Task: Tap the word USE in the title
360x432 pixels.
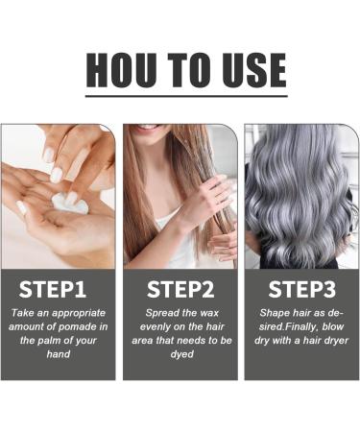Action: pyautogui.click(x=248, y=69)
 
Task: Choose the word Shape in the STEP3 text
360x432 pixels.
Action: pyautogui.click(x=276, y=314)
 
